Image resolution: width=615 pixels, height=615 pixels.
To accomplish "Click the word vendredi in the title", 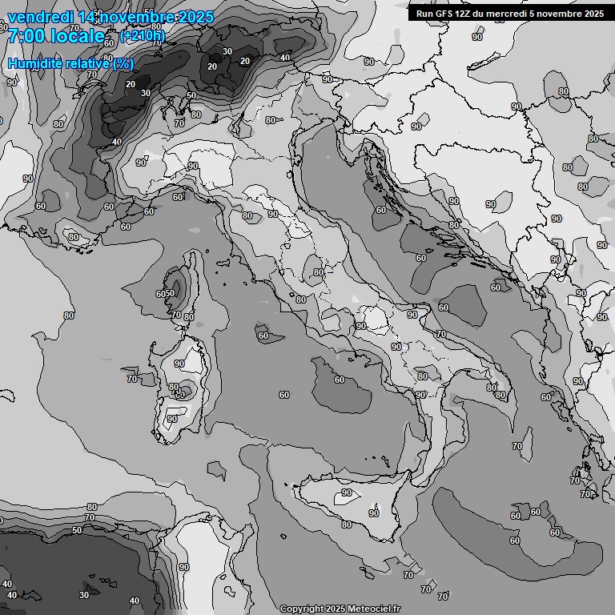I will [39, 17].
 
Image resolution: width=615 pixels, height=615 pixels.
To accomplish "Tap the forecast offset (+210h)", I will [143, 36].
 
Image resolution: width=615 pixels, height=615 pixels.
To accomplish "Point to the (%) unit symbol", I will [123, 63].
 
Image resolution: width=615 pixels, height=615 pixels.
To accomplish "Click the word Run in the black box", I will [425, 13].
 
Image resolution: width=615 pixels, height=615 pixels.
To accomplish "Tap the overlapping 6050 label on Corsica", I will [165, 294].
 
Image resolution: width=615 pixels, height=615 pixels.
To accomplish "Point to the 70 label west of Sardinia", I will [132, 378].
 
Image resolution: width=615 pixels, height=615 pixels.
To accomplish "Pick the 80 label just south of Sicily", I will [346, 525].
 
